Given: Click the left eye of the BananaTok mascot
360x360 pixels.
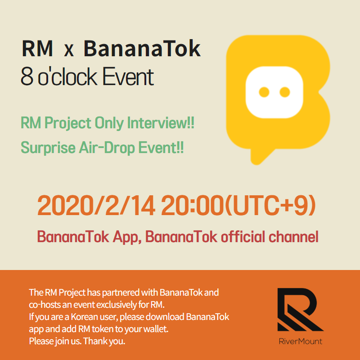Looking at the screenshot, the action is tap(264, 92).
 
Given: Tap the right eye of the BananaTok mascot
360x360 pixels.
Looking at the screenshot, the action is tap(285, 92).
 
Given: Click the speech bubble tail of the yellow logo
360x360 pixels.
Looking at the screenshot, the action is tap(261, 156).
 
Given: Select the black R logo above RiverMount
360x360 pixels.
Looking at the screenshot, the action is tap(301, 309).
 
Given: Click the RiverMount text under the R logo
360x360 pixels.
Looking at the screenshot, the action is tap(301, 341).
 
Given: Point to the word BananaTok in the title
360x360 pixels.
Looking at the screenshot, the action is tap(142, 49).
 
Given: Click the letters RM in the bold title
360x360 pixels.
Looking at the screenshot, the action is tap(37, 49).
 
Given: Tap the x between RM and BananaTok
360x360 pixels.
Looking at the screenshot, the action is tap(69, 51).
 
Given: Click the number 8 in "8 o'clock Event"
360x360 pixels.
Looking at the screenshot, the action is tap(27, 77).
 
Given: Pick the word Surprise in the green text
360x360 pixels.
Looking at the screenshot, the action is tap(48, 148).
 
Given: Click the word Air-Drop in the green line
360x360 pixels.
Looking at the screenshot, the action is tap(107, 148).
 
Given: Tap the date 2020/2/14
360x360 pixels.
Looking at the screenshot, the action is tap(96, 205).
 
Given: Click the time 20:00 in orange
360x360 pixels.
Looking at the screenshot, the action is tap(193, 205).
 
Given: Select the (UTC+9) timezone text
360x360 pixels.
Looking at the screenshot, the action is tap(271, 205).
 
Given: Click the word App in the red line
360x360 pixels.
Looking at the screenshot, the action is tap(126, 237).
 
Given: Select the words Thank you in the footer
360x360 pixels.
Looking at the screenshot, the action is tap(104, 341).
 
